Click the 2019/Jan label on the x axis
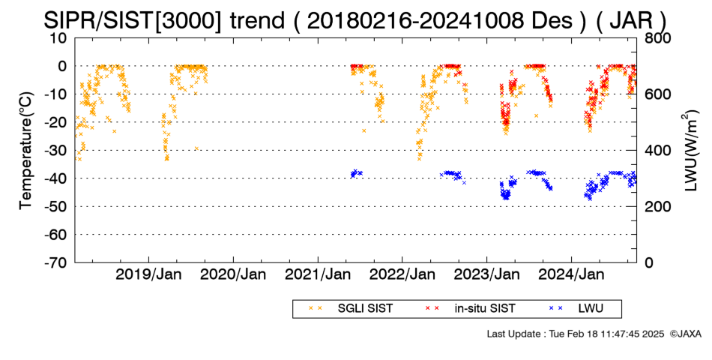click(x=148, y=274)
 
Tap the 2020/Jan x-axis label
click(x=233, y=274)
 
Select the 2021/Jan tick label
click(x=318, y=274)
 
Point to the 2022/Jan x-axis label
click(x=402, y=274)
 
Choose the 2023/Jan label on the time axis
click(x=486, y=274)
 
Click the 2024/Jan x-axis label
click(x=571, y=274)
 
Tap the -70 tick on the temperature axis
click(x=55, y=262)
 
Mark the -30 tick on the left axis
click(x=55, y=151)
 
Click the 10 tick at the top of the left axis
click(x=58, y=38)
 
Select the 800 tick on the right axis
click(x=658, y=38)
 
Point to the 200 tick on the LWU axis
click(x=658, y=207)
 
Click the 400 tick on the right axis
click(x=658, y=151)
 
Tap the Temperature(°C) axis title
click(x=26, y=151)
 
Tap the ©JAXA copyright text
click(x=685, y=334)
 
